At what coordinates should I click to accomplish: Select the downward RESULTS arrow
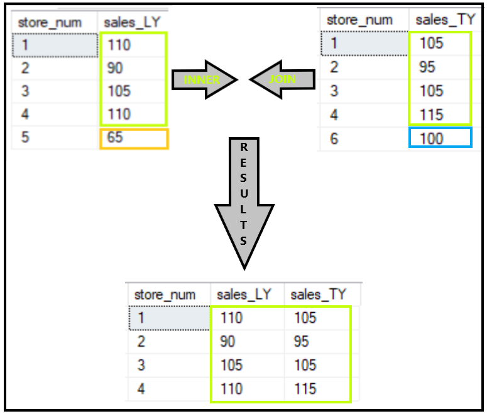click(x=244, y=201)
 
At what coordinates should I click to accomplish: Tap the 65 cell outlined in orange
click(x=134, y=138)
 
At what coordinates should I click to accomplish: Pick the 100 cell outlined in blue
click(x=440, y=138)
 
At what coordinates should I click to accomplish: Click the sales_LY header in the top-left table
click(x=133, y=22)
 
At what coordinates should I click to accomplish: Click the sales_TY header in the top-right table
click(x=444, y=20)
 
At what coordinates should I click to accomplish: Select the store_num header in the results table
click(x=165, y=295)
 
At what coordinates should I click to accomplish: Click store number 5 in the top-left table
click(x=25, y=137)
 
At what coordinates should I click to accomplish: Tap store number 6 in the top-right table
click(x=334, y=138)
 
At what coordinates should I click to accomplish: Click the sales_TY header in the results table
click(x=319, y=295)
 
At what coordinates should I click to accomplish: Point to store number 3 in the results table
click(x=141, y=365)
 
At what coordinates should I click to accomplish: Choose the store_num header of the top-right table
click(x=359, y=20)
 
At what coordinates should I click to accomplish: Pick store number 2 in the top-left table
click(x=25, y=68)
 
